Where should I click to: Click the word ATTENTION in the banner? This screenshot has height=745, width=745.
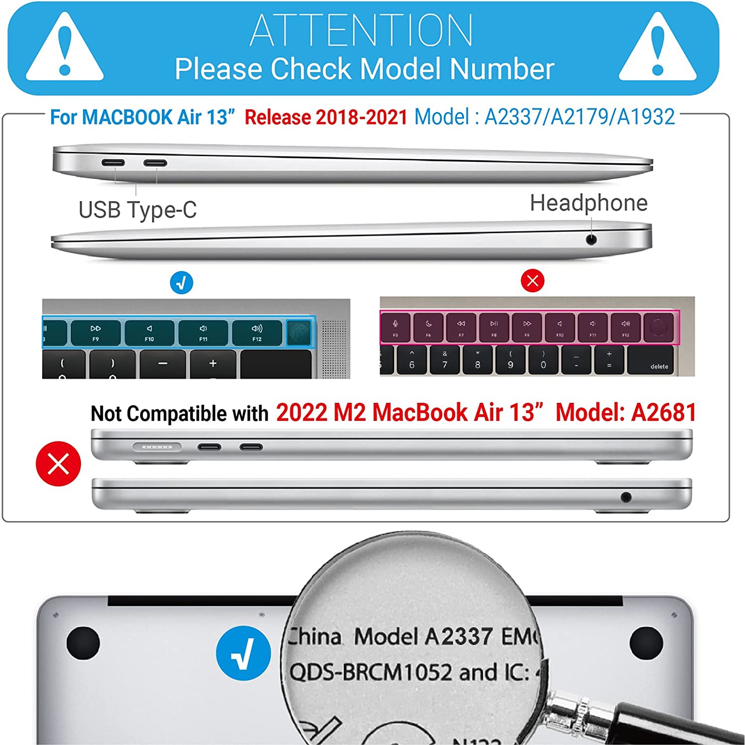(361, 31)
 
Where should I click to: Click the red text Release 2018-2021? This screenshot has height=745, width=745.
(326, 118)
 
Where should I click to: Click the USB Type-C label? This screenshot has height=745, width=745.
(138, 210)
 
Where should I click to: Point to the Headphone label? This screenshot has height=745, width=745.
(589, 203)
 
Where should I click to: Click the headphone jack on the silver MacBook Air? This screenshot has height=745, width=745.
(591, 240)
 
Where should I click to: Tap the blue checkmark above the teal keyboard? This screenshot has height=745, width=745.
(181, 283)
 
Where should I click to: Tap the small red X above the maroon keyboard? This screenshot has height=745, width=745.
(532, 281)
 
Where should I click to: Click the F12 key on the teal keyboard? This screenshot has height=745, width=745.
(256, 332)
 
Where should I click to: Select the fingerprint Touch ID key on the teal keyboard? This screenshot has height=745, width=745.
(299, 332)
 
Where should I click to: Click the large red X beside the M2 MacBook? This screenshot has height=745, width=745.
(58, 463)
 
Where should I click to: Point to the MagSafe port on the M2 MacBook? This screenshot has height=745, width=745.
(157, 447)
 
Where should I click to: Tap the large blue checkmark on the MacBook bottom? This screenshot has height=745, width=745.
(243, 653)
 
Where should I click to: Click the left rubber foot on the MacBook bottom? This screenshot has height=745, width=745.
(83, 643)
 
